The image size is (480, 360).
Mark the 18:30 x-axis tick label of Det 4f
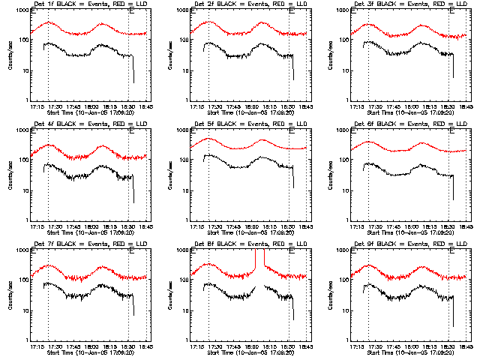coord(128,227)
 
